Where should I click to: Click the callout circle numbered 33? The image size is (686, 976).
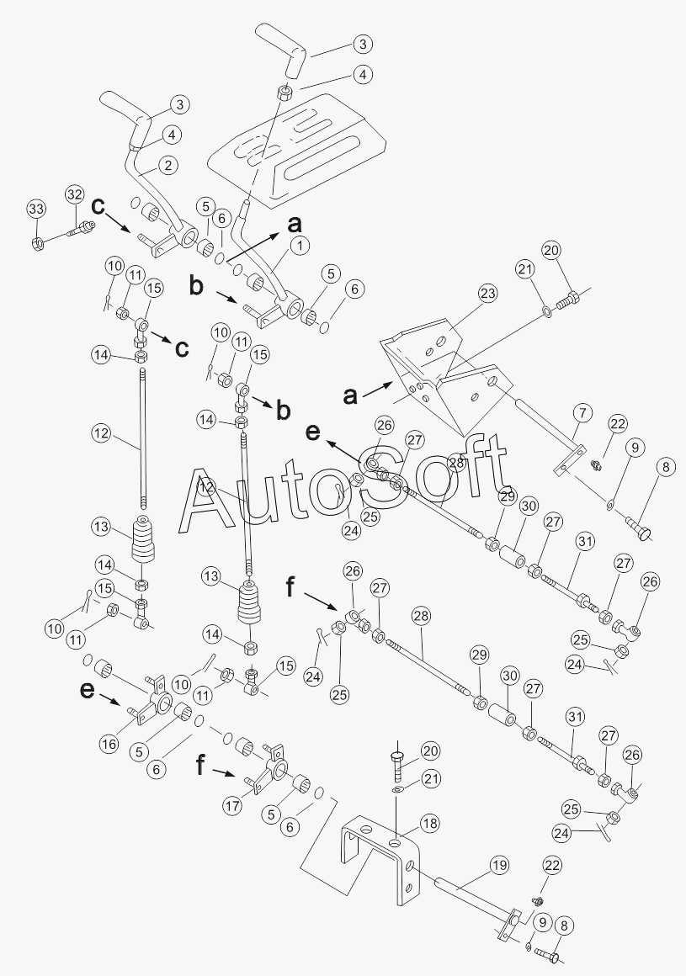click(x=35, y=209)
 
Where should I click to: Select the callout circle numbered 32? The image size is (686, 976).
click(x=74, y=195)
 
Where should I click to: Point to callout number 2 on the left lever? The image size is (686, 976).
click(x=168, y=165)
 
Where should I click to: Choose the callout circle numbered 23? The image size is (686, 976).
click(x=487, y=294)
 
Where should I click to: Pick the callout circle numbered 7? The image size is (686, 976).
click(x=582, y=413)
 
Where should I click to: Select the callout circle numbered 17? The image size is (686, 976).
click(x=233, y=806)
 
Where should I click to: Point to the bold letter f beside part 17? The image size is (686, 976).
click(x=199, y=766)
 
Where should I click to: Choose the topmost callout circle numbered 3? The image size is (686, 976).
click(x=362, y=44)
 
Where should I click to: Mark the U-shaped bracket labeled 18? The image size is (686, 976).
click(x=379, y=854)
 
